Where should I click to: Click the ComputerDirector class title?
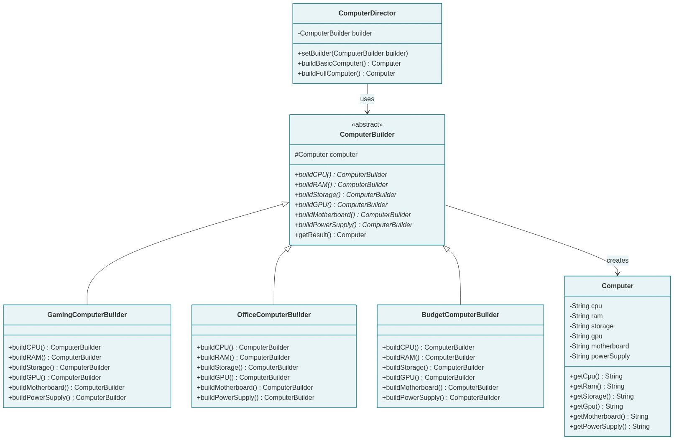367,13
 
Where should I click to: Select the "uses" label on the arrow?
367,99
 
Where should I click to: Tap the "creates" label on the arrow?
617,261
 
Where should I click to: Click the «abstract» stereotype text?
367,125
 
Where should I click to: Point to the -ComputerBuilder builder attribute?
335,33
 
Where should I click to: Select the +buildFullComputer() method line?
346,74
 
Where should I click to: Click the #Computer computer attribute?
326,155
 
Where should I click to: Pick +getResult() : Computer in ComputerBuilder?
330,235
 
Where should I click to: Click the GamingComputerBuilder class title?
87,315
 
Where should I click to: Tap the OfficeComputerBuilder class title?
274,315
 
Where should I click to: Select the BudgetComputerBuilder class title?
460,315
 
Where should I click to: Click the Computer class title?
617,286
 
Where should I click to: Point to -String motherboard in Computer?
599,346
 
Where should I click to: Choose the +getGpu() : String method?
596,407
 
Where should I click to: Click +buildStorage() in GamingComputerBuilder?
59,368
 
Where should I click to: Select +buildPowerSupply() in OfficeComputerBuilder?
255,398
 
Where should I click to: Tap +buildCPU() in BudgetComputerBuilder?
428,348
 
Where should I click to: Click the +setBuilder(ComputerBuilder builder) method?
352,54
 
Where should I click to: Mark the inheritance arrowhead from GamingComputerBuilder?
286,204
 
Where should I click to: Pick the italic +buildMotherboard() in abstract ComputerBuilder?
352,215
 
